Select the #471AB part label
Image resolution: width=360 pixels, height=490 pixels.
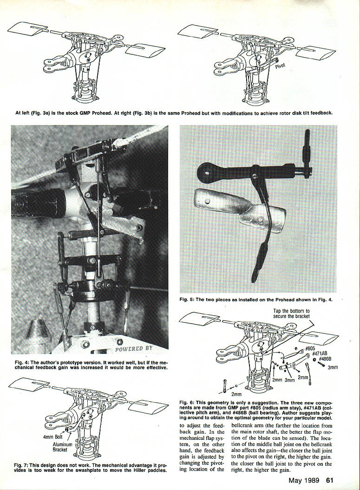[320, 354]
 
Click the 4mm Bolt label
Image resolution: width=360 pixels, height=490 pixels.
[53, 437]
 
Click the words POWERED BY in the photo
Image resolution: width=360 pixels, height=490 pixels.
[134, 348]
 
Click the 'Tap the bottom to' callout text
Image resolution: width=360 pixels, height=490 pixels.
[291, 311]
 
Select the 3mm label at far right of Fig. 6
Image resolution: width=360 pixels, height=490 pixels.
[333, 367]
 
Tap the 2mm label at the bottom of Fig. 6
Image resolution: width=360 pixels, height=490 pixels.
[236, 394]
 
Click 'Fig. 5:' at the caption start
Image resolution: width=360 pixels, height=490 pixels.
[187, 300]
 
